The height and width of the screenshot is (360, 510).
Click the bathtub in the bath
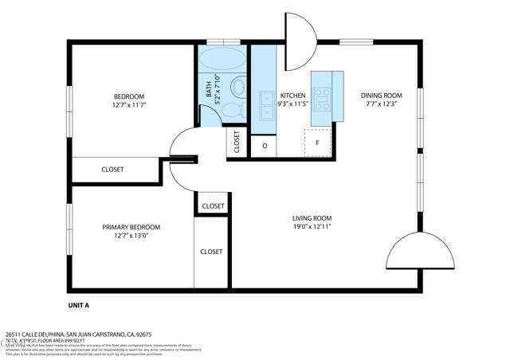pos(222,59)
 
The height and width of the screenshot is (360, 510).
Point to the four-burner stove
pos(321,98)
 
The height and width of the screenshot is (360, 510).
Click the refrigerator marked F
pos(318,143)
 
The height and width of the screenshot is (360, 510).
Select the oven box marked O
pos(264,147)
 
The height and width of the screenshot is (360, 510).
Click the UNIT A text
pos(78,305)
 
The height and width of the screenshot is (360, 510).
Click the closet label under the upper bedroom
pos(112,170)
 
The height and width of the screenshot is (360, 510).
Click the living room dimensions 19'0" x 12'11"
pos(312,227)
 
